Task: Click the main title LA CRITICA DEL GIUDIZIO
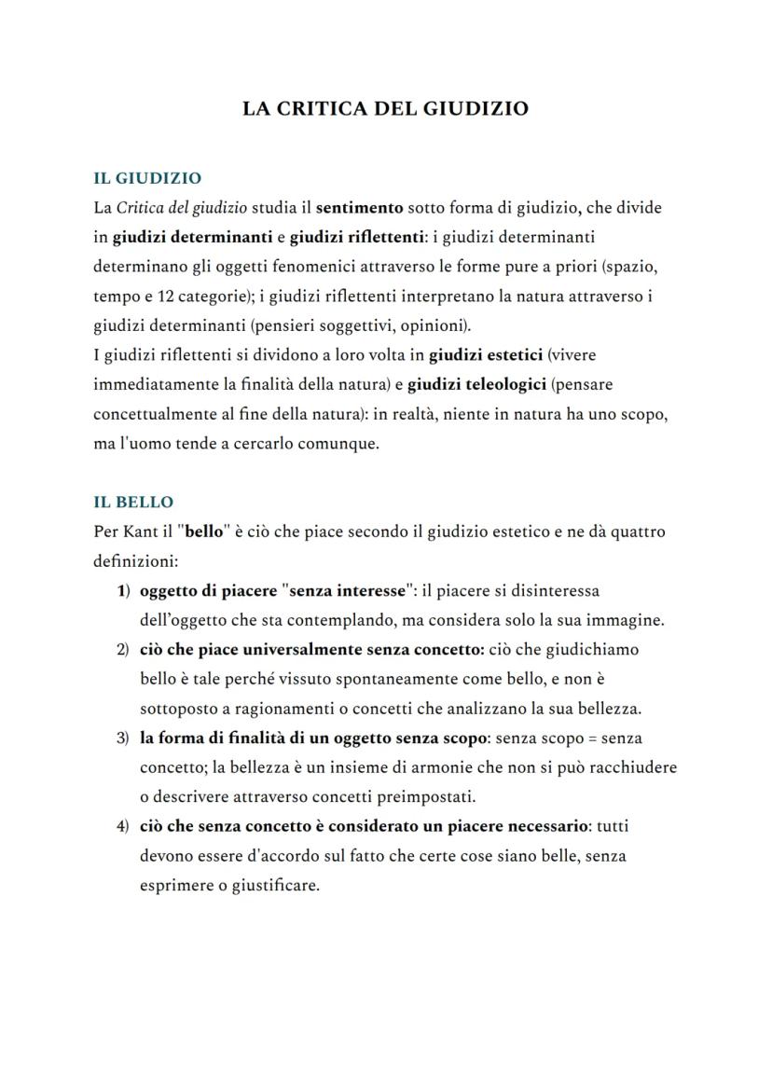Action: pos(385,108)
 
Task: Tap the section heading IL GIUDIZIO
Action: pos(147,177)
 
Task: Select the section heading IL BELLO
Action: pos(133,502)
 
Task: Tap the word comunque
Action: pos(340,443)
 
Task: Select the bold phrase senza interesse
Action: pos(347,590)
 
